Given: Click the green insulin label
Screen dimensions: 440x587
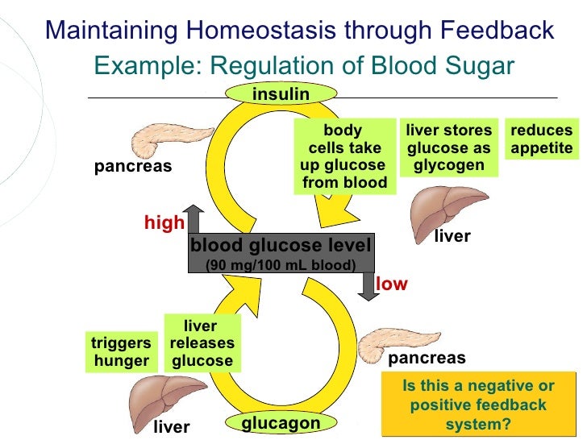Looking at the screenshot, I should click(x=281, y=94).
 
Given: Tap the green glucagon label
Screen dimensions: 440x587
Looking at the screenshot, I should click(x=281, y=423).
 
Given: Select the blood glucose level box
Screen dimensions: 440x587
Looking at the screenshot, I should click(x=281, y=254).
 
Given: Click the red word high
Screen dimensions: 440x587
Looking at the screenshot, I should click(x=164, y=223).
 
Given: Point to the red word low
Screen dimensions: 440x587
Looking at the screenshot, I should click(x=392, y=284).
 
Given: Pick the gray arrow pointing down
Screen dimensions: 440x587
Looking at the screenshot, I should click(x=369, y=287).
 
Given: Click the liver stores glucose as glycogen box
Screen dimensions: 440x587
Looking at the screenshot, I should click(x=449, y=148).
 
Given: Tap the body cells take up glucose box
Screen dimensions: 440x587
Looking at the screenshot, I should click(x=343, y=157).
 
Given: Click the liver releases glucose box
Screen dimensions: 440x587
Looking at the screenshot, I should click(x=201, y=344).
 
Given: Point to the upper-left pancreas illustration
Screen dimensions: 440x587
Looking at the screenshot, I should click(x=165, y=138).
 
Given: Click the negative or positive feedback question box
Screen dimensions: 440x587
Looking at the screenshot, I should click(x=479, y=405).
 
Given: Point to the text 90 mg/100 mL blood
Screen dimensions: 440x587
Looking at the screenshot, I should click(x=281, y=265).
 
